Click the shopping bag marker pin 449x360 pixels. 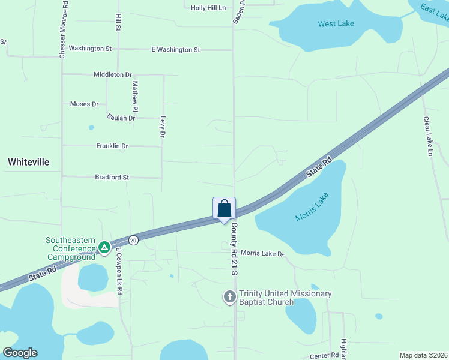(224, 209)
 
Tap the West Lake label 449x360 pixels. (336, 24)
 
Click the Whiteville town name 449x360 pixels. (28, 162)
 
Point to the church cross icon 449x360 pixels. (229, 296)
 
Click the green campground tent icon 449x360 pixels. (104, 247)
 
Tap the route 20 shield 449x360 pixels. (133, 240)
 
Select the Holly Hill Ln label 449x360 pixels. (208, 8)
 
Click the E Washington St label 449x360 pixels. (175, 50)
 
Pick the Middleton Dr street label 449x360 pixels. (112, 74)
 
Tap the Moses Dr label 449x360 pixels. (84, 104)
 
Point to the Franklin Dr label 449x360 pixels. (112, 146)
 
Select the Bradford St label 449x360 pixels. (112, 177)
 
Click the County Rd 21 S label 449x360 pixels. (235, 250)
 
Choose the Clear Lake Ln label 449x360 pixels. (427, 136)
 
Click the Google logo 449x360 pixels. (20, 353)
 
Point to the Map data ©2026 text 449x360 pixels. (423, 355)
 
